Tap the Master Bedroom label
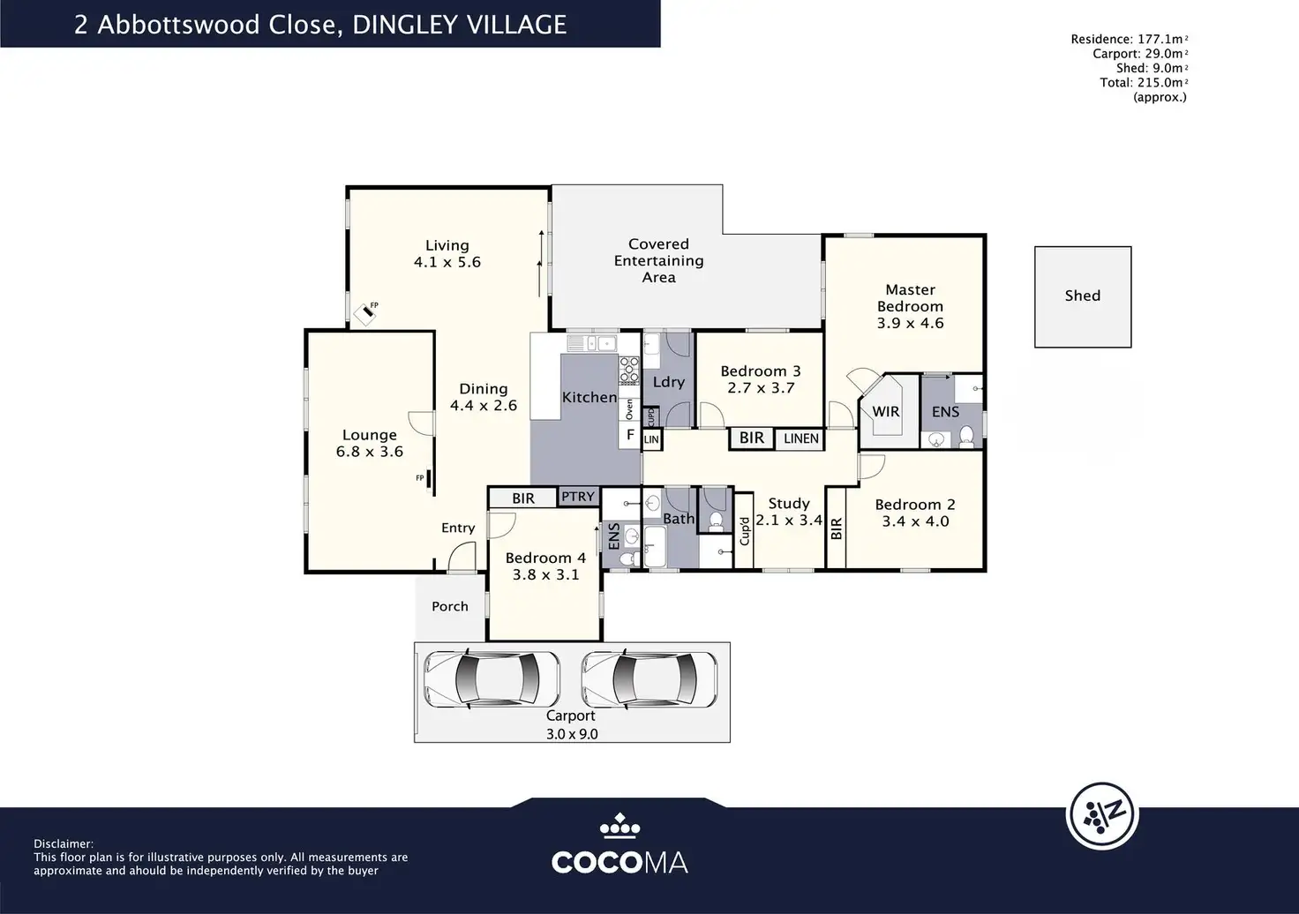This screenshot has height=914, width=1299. (910, 298)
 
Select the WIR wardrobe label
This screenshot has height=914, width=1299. (885, 411)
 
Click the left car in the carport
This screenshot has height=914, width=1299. (492, 678)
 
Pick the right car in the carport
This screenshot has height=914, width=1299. (649, 678)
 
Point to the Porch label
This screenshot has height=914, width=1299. (450, 606)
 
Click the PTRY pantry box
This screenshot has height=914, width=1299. (578, 497)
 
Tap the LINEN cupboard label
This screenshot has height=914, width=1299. (801, 438)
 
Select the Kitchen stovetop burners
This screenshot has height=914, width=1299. (629, 371)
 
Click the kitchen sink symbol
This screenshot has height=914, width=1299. (591, 343)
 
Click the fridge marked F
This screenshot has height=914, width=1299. (630, 435)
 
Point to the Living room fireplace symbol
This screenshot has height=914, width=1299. (366, 312)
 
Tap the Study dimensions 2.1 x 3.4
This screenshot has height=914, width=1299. (789, 521)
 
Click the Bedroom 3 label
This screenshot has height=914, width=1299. (761, 371)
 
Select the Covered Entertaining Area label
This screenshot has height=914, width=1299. (659, 260)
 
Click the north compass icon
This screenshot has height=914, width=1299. (1102, 815)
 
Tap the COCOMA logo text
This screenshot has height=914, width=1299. (619, 863)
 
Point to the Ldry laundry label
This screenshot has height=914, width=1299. (669, 383)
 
